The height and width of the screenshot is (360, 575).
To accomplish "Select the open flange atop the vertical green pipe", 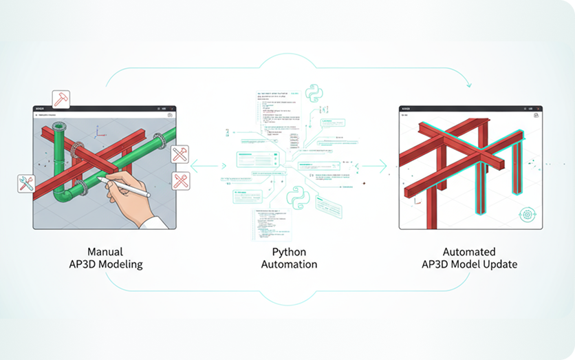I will click(x=57, y=127).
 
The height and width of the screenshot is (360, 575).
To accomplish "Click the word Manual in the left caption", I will click(x=105, y=252).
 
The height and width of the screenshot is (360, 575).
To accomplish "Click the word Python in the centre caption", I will click(x=287, y=252).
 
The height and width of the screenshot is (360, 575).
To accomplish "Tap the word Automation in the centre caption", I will click(x=289, y=264).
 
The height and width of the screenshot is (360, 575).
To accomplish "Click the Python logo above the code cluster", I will click(x=313, y=95).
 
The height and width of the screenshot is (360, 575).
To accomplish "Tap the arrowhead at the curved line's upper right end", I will click(x=470, y=86).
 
